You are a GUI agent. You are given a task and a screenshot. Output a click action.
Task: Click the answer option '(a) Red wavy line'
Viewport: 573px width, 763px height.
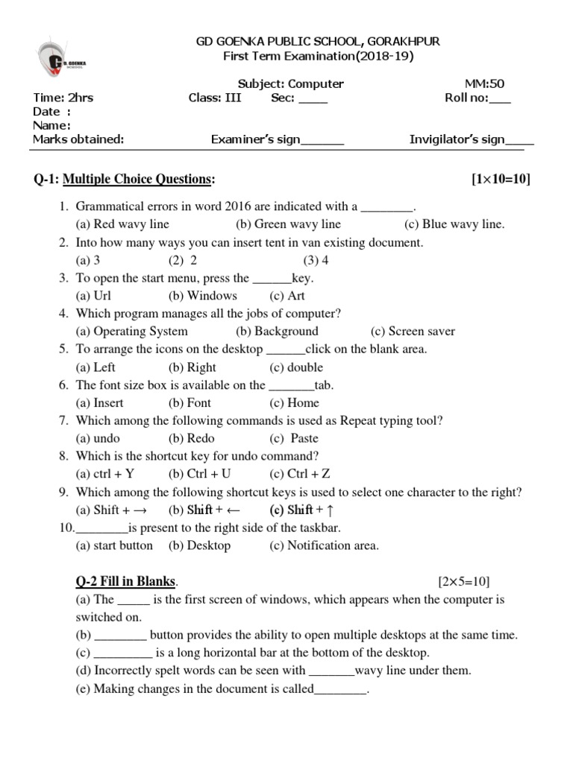tap(122, 224)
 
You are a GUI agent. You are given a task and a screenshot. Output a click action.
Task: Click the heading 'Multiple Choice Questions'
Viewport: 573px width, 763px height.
tap(139, 180)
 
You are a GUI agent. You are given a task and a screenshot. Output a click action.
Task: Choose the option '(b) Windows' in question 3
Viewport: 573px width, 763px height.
tap(202, 296)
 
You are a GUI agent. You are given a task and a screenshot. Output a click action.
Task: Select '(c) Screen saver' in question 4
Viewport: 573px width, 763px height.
tap(413, 332)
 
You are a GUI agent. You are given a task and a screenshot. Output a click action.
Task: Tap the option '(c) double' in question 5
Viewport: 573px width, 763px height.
tap(296, 367)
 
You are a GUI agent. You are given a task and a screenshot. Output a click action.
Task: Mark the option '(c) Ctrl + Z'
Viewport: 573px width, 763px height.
tap(300, 474)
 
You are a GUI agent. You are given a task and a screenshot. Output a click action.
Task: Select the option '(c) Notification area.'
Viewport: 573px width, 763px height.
tap(325, 545)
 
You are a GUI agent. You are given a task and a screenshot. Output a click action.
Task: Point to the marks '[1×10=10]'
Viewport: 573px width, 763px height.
tap(501, 180)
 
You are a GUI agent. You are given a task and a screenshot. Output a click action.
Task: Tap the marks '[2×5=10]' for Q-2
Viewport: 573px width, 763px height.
tap(463, 581)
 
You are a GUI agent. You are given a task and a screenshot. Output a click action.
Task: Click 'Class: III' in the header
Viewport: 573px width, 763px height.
tap(215, 98)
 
